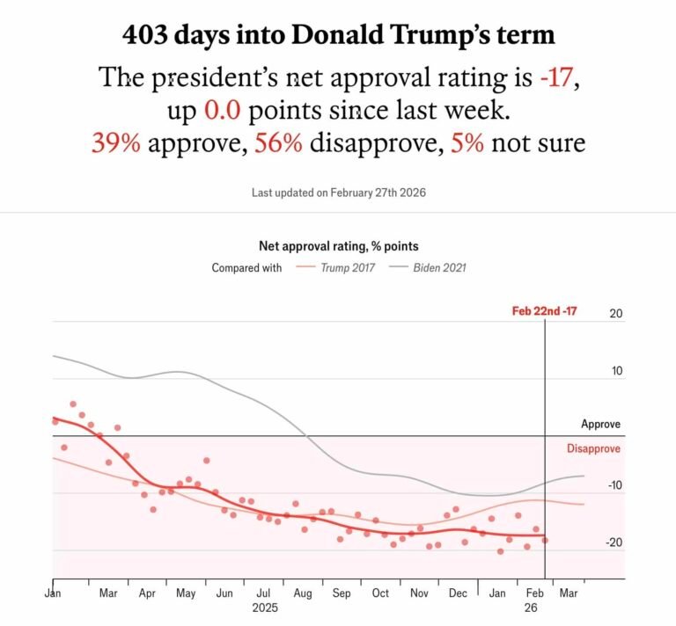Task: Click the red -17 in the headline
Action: [x=558, y=78]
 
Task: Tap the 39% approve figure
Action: [x=115, y=142]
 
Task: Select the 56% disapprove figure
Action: [x=279, y=142]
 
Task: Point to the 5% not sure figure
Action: [x=467, y=142]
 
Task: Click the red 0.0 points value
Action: [x=222, y=110]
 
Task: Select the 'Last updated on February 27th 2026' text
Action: [x=337, y=193]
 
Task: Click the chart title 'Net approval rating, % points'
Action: [x=337, y=246]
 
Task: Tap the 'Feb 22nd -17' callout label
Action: [x=544, y=311]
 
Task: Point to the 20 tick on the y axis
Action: [x=616, y=314]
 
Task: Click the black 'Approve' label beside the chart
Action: [x=600, y=424]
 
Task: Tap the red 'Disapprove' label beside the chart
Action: [x=593, y=448]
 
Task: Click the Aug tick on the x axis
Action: [x=302, y=593]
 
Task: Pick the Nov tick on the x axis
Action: [x=419, y=593]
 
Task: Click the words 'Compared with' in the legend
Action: [x=246, y=267]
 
